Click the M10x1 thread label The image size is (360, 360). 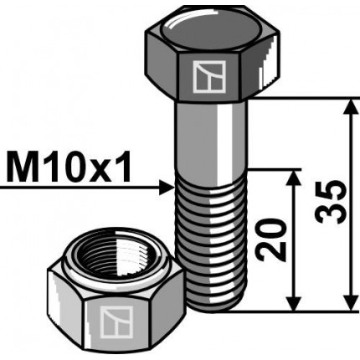tap(69, 169)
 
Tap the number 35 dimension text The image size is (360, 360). tap(332, 202)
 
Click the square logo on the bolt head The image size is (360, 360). tap(204, 77)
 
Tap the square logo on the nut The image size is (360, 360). tap(112, 321)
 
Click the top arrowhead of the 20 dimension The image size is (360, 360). tap(293, 178)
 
